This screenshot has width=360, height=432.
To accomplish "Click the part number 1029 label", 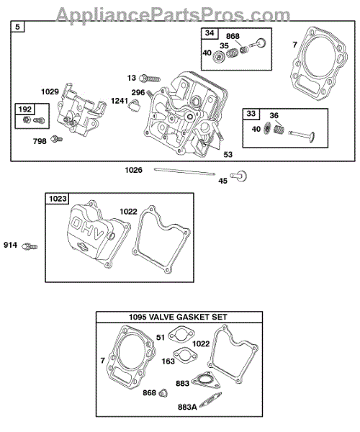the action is (x=50, y=91).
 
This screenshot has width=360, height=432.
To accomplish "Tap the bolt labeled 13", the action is (x=150, y=78).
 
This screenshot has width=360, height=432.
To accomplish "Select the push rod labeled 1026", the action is (x=184, y=171).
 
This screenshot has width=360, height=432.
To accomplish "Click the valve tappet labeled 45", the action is (x=239, y=176).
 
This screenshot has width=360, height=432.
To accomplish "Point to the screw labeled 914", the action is (x=30, y=246).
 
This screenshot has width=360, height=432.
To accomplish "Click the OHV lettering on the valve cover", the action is (x=87, y=228).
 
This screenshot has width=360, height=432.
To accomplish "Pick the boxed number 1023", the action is (x=58, y=199).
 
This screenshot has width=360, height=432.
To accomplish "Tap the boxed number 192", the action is (x=24, y=109).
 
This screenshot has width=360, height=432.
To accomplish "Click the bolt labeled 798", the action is (x=57, y=138).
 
